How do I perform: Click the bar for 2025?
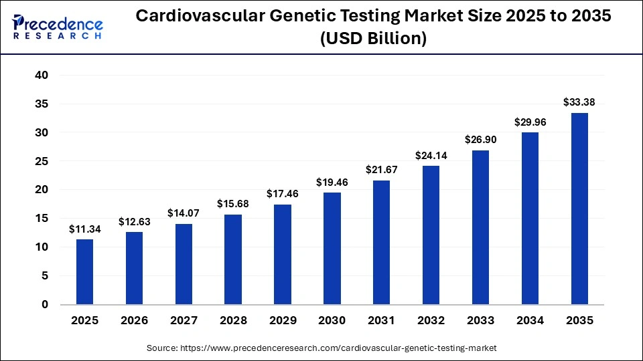(84, 271)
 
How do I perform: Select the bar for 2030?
(332, 248)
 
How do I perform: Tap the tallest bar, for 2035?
(579, 209)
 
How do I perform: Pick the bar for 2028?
(233, 259)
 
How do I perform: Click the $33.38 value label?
(579, 102)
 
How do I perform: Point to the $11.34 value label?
(84, 229)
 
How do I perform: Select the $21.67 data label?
(382, 170)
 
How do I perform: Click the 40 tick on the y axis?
(42, 76)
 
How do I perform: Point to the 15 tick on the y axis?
(42, 219)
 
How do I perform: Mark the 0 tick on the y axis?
(45, 305)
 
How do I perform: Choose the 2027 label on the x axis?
(184, 321)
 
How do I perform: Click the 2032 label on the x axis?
(431, 321)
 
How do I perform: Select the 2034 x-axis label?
(530, 321)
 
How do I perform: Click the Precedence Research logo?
(58, 27)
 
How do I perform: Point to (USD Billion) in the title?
(374, 39)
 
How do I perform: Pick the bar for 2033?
(480, 227)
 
